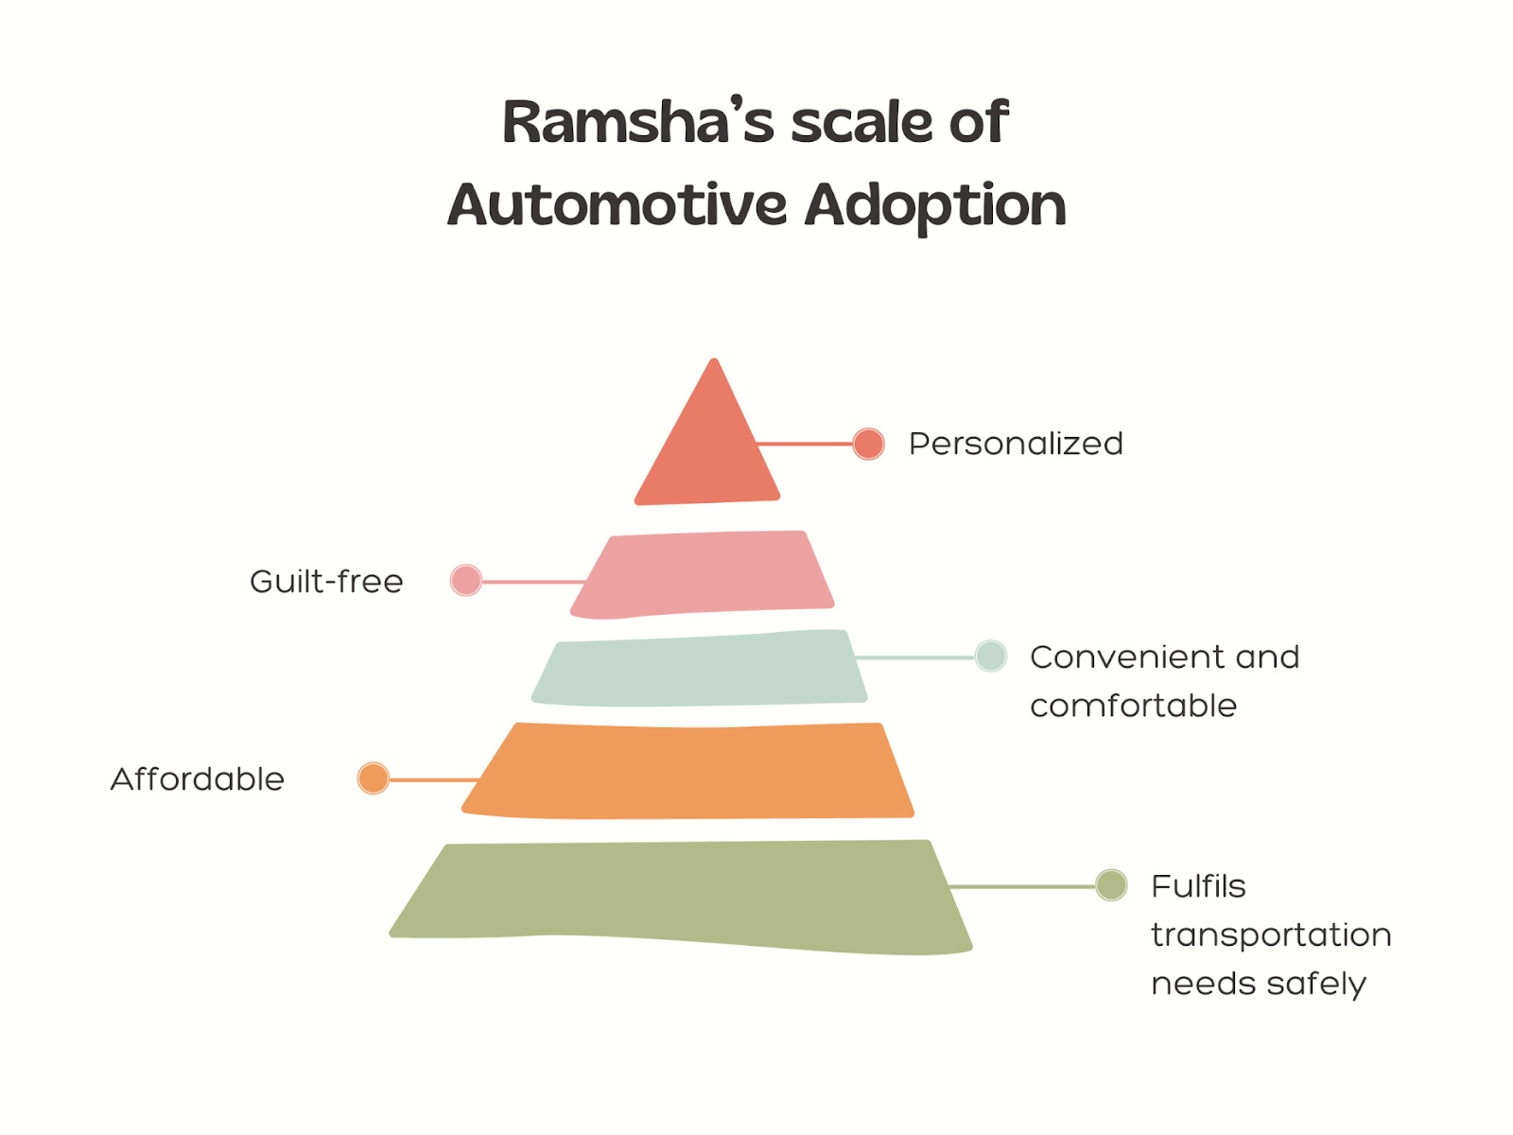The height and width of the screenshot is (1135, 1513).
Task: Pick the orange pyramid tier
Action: pos(688,771)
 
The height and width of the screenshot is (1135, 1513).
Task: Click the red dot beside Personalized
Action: pos(868,444)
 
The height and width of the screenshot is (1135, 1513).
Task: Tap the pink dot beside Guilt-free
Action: pos(466,580)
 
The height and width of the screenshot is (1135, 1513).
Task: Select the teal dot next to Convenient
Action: pos(991,655)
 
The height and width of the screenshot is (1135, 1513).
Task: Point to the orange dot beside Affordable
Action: pos(374,778)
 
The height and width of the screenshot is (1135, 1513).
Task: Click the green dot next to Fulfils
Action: pos(1111,885)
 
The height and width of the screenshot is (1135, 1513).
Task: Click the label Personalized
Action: pos(1016,444)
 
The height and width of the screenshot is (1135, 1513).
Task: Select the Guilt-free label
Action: pos(326,581)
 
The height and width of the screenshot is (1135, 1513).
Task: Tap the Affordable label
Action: pos(198,779)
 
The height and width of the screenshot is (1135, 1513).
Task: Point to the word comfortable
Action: pos(1133,706)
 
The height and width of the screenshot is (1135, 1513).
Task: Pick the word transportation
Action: pos(1271,934)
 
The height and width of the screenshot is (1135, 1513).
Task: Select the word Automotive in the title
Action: pos(617,205)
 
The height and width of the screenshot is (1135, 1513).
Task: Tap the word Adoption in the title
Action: pos(935,207)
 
